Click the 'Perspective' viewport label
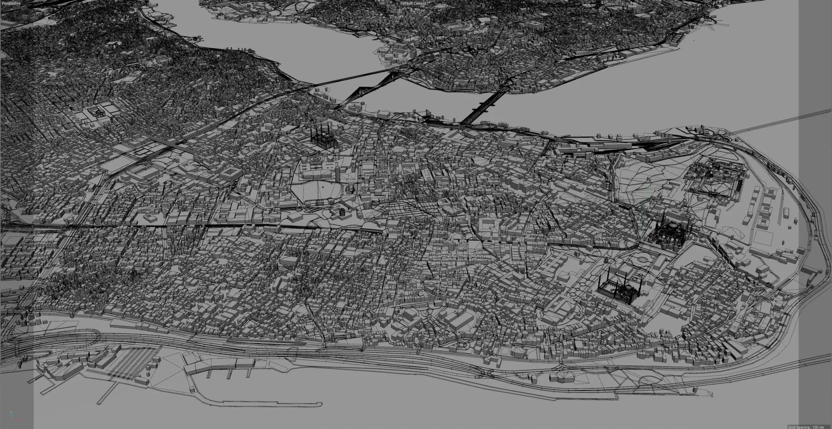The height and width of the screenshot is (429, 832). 10,3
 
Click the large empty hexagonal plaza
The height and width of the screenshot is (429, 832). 316,191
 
